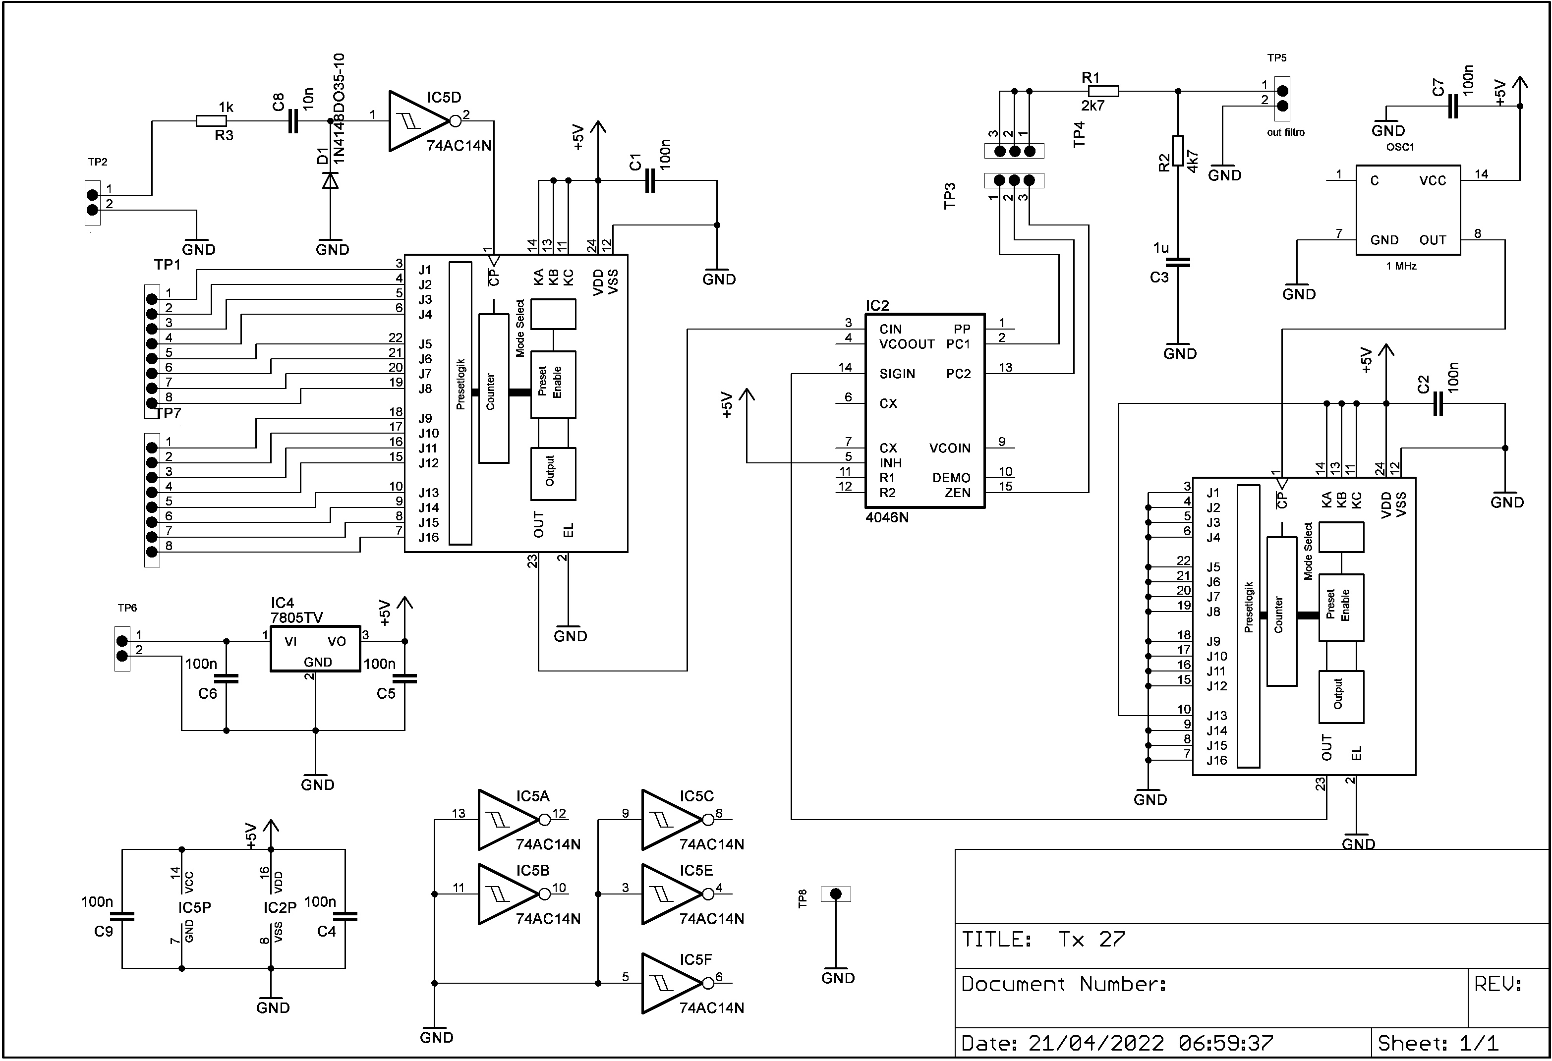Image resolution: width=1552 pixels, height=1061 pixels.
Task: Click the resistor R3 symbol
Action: click(x=211, y=121)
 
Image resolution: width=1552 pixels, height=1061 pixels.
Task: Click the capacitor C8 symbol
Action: click(x=292, y=121)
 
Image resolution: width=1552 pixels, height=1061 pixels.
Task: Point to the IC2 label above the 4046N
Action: click(x=877, y=305)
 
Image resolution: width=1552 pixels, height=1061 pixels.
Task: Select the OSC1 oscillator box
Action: click(x=1408, y=210)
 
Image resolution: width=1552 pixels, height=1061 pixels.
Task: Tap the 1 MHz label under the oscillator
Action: click(x=1401, y=266)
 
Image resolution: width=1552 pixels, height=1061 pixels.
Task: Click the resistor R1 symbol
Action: click(x=1103, y=91)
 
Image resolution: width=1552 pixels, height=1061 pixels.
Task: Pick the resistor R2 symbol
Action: click(x=1178, y=150)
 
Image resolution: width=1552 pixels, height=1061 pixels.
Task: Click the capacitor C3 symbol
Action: click(x=1178, y=263)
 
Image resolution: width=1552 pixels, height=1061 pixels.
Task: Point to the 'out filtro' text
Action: click(x=1285, y=132)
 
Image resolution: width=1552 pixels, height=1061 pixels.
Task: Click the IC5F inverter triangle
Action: click(x=671, y=983)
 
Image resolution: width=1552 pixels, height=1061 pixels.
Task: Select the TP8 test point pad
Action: click(x=835, y=894)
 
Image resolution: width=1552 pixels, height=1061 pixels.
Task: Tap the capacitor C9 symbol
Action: click(x=122, y=916)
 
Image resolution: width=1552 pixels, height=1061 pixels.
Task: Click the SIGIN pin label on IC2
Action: click(x=897, y=374)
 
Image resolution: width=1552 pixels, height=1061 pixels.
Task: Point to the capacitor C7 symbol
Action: click(x=1452, y=106)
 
